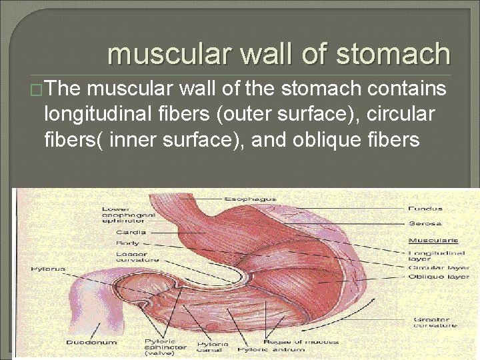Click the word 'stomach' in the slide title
tap(393, 54)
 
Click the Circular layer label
tap(439, 267)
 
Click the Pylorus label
tap(47, 269)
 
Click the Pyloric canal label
tap(213, 347)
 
